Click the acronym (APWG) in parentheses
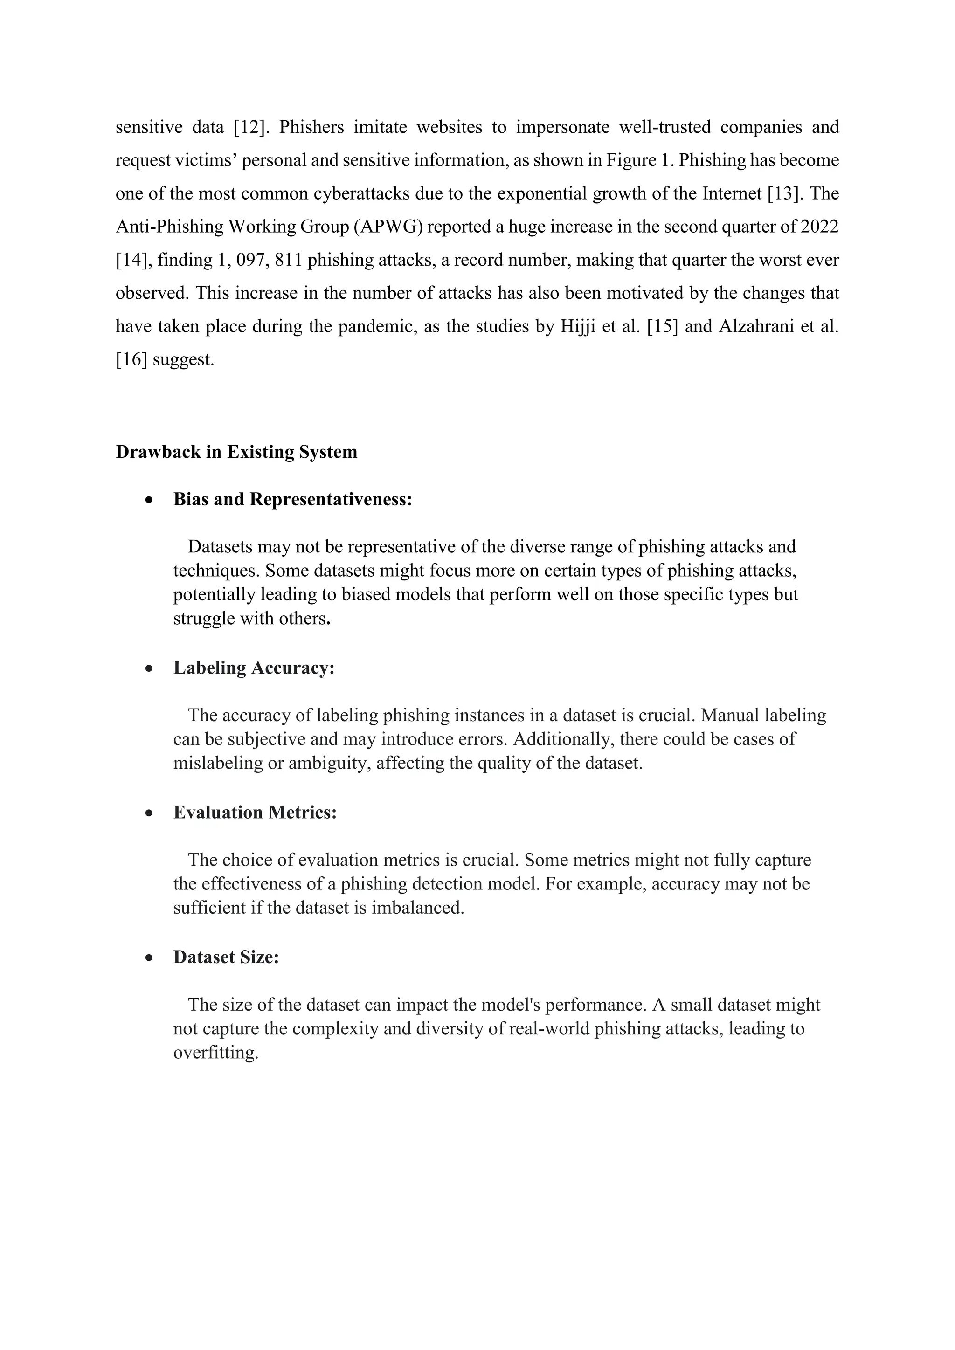click(x=389, y=227)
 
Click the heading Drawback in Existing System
click(x=236, y=452)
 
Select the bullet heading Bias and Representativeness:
click(x=293, y=499)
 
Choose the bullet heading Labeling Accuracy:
click(x=254, y=668)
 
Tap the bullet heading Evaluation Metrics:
click(x=255, y=813)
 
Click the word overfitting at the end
click(x=216, y=1053)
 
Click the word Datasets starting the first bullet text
click(x=224, y=547)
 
